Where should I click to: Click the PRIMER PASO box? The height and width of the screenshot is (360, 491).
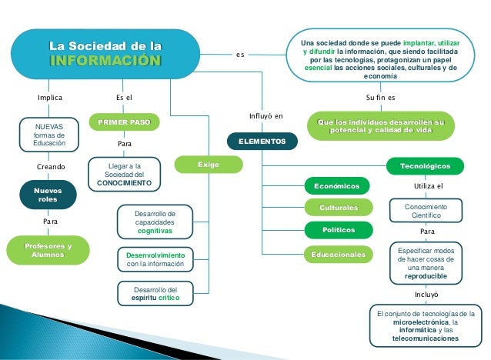(124, 122)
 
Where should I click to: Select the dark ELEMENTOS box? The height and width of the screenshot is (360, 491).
(262, 142)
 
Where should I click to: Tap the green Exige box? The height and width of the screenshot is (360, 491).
(209, 165)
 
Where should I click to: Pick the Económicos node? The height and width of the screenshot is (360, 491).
(337, 185)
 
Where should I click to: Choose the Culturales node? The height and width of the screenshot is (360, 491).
(339, 208)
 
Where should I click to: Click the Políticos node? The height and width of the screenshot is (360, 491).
(339, 230)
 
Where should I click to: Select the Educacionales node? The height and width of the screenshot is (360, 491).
(339, 254)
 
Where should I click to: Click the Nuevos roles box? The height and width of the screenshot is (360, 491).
(48, 194)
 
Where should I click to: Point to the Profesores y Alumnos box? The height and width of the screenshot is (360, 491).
(48, 251)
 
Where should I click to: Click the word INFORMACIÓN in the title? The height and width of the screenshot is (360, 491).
(105, 62)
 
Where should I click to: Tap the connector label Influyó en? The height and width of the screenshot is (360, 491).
(266, 116)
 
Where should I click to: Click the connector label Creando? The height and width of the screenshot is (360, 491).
(52, 166)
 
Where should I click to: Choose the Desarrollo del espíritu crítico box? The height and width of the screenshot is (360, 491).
(155, 293)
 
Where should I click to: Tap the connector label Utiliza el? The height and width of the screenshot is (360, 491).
(429, 186)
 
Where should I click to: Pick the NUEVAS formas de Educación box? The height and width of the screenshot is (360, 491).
(49, 134)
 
